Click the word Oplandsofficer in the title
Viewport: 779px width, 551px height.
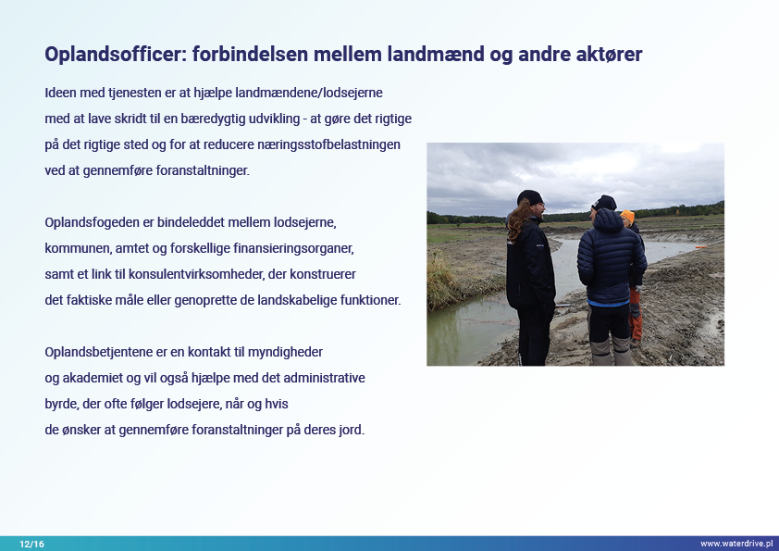(116, 55)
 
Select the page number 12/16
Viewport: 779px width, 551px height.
(31, 544)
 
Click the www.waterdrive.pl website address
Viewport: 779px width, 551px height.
(736, 544)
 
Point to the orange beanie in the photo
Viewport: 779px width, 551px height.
(628, 216)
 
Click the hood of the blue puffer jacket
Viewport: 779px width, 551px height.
(609, 219)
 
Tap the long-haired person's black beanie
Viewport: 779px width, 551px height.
(529, 197)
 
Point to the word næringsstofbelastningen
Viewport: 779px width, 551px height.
(328, 144)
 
